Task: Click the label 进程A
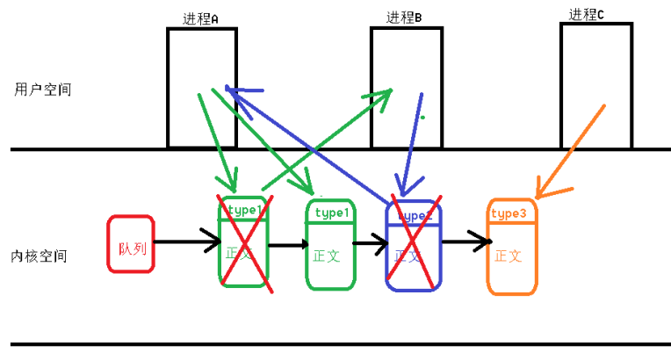pos(200,18)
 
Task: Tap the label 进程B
pos(404,18)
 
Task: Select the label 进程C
pos(587,13)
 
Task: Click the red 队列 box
pos(131,243)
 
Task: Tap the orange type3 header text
pos(509,213)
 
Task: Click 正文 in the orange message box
pos(509,256)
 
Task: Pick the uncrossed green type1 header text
pos(332,213)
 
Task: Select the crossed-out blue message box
pos(413,246)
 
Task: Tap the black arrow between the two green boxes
pos(285,245)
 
